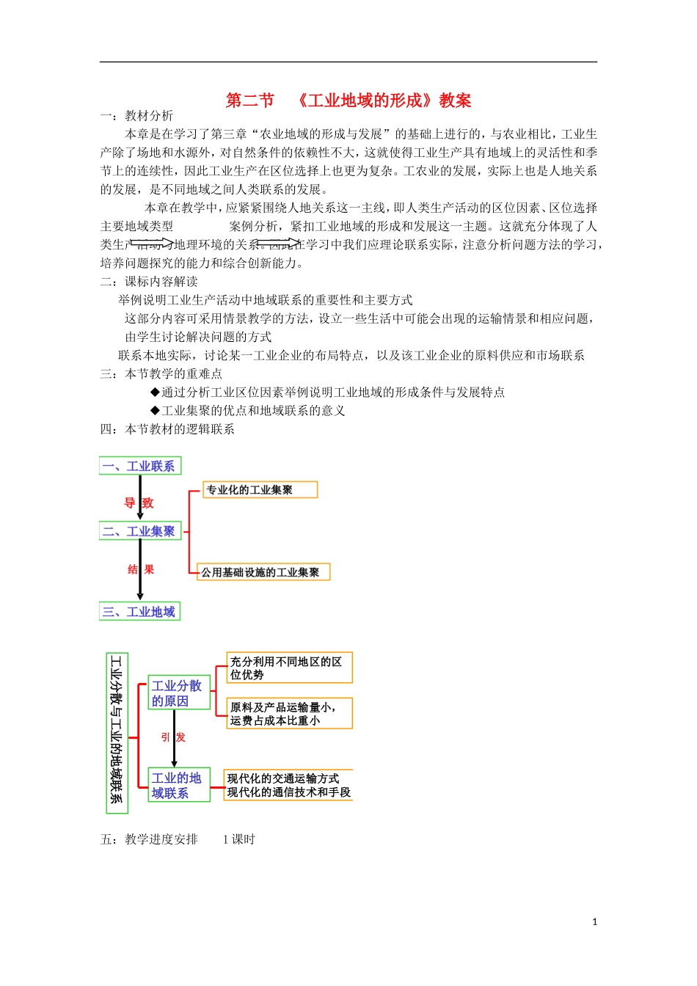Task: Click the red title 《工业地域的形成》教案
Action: tap(348, 101)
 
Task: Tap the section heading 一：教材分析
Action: tap(137, 116)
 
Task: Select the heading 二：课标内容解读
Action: tap(149, 282)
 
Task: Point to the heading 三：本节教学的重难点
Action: tap(161, 373)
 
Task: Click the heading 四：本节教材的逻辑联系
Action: tap(167, 429)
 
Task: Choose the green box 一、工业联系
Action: tap(139, 466)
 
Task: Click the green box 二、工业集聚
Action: tap(139, 531)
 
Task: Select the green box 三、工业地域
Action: tap(139, 612)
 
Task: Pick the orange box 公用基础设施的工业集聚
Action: tap(263, 572)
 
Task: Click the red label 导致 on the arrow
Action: tap(139, 503)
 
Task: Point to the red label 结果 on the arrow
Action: tap(140, 569)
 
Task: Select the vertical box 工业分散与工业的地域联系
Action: tap(117, 731)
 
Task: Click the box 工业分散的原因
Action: tap(178, 693)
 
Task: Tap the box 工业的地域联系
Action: tap(178, 785)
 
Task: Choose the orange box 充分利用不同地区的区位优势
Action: tap(289, 668)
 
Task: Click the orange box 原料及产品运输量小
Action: tap(289, 713)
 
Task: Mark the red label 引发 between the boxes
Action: tap(174, 737)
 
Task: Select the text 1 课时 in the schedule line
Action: tap(238, 839)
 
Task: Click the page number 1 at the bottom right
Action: tap(594, 922)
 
